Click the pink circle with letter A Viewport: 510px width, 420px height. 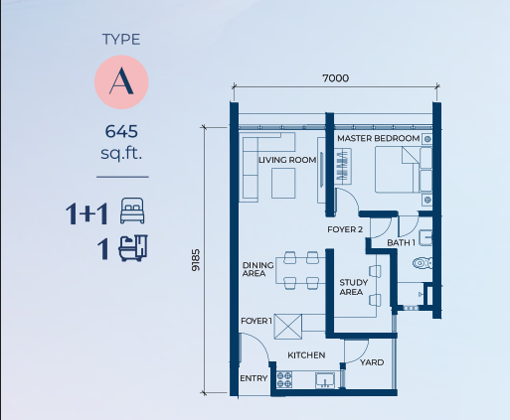coord(121,82)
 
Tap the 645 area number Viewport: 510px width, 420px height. coord(121,131)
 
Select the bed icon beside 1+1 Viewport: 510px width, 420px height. coord(132,210)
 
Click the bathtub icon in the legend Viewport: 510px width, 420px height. coord(133,248)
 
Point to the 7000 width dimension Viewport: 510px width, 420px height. coord(336,78)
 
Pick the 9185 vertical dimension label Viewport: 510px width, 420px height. coord(196,260)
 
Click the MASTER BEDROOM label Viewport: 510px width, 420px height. coord(379,138)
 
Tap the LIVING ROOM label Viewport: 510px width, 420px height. coord(287,160)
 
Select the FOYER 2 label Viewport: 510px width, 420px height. coord(345,229)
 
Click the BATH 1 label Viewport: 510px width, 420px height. coord(401,242)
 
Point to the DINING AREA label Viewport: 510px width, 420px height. coord(257,269)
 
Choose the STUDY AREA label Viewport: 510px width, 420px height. coord(353,287)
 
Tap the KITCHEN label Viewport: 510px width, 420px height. coord(306,355)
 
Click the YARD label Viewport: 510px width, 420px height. coord(372,362)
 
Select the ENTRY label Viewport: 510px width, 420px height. coord(254,378)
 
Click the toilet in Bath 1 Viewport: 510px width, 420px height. coord(423,263)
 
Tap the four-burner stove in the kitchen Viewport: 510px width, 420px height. coord(284,379)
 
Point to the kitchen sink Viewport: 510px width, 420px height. coord(325,380)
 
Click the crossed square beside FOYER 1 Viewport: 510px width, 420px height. coord(288,327)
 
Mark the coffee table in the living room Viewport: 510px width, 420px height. coord(283,183)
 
